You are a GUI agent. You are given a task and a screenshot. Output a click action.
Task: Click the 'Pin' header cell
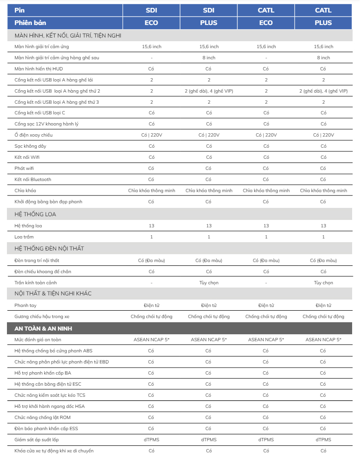pyautogui.click(x=19, y=10)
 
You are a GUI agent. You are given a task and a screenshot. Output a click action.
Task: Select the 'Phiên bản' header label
pyautogui.click(x=30, y=23)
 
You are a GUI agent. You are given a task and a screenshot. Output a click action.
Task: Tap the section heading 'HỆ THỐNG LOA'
pyautogui.click(x=35, y=214)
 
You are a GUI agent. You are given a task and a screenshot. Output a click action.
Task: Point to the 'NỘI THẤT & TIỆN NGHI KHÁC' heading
pyautogui.click(x=53, y=294)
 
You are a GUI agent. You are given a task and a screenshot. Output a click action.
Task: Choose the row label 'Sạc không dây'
pyautogui.click(x=30, y=146)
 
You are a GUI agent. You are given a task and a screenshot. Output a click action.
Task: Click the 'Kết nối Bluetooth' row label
pyautogui.click(x=33, y=180)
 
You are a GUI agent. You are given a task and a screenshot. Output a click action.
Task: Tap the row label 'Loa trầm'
pyautogui.click(x=25, y=237)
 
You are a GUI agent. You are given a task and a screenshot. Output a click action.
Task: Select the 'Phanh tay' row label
pyautogui.click(x=25, y=306)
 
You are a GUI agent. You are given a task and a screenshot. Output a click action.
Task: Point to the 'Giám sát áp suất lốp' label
pyautogui.click(x=37, y=440)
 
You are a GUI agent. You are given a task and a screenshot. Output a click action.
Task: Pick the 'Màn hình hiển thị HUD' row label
pyautogui.click(x=38, y=69)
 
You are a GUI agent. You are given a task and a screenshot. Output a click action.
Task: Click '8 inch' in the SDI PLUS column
pyautogui.click(x=209, y=58)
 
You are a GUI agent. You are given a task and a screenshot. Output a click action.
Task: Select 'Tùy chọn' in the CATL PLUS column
pyautogui.click(x=323, y=283)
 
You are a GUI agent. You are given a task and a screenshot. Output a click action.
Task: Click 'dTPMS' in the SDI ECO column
pyautogui.click(x=151, y=440)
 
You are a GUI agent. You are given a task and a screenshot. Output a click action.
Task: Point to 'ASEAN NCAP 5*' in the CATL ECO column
pyautogui.click(x=266, y=340)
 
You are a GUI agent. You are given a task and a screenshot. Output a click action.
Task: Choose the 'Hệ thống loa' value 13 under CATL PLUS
pyautogui.click(x=323, y=226)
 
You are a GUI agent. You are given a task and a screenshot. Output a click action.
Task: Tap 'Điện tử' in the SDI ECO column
pyautogui.click(x=151, y=306)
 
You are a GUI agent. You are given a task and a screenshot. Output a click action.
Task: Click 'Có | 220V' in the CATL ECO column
pyautogui.click(x=266, y=135)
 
